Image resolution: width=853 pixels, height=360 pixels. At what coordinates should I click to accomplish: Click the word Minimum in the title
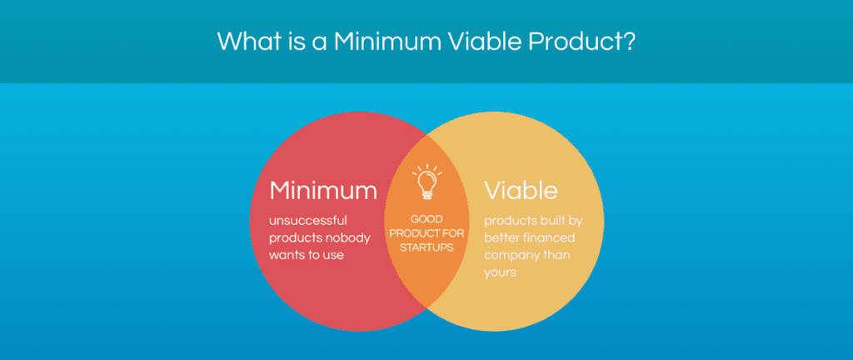[384, 41]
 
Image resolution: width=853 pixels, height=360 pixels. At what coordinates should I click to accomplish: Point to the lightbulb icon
[426, 182]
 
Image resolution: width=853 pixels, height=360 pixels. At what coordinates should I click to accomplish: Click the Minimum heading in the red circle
[323, 190]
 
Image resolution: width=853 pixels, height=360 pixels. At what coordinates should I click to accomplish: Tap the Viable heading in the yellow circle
[521, 190]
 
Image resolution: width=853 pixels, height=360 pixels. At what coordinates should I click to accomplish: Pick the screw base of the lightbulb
[426, 194]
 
